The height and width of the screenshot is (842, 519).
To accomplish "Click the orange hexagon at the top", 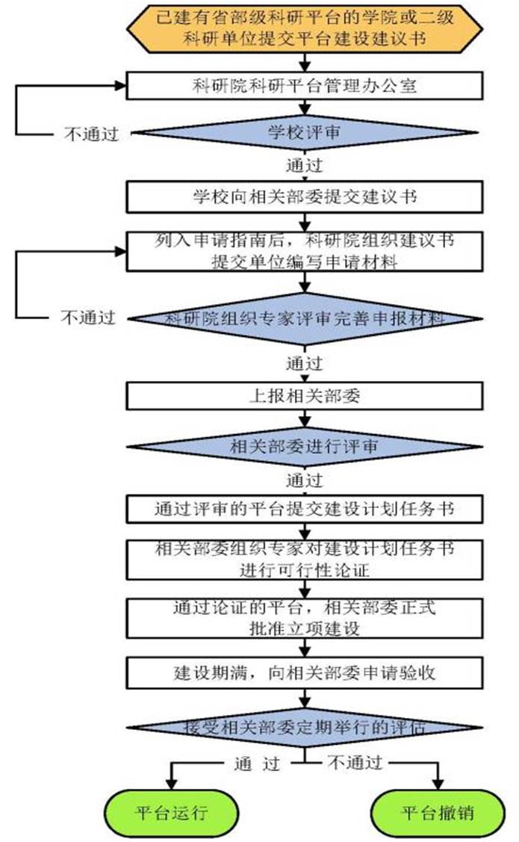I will click(304, 27).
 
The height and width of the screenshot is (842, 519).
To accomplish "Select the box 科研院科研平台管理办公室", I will click(304, 85).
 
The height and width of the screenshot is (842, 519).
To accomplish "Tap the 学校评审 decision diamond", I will click(304, 133).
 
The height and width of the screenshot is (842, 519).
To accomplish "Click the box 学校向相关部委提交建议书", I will click(304, 198).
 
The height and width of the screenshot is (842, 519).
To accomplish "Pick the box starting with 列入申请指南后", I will click(304, 251).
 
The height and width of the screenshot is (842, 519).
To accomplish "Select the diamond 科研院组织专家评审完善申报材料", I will click(304, 319).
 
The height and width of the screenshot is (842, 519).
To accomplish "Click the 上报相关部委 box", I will click(304, 396).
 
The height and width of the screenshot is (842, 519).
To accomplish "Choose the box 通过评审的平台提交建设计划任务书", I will click(304, 509).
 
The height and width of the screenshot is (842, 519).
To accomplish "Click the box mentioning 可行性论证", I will click(304, 557).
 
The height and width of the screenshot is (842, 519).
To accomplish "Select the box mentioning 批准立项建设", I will click(304, 618).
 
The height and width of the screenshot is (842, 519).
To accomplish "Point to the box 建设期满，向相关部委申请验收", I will click(304, 672).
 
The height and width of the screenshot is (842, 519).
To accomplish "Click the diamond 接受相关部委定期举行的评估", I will click(304, 726).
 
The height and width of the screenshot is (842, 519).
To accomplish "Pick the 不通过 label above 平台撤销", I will click(354, 763).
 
